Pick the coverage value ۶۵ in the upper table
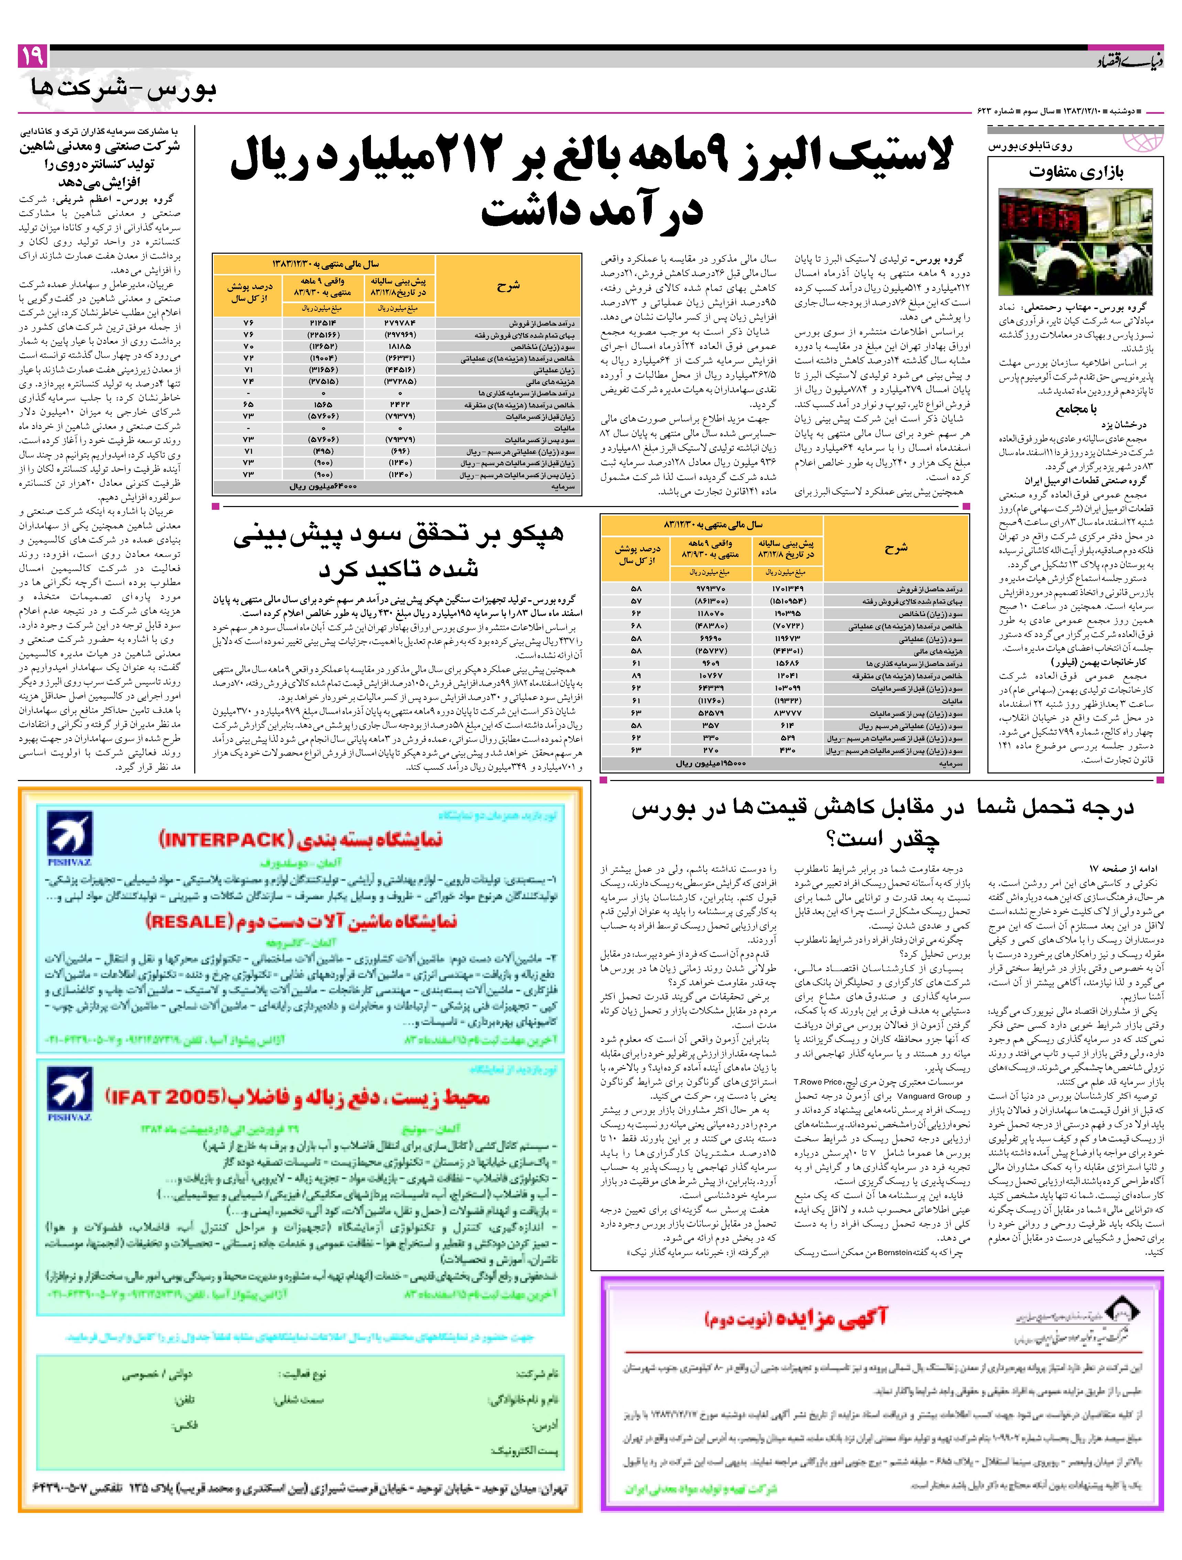248,405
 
